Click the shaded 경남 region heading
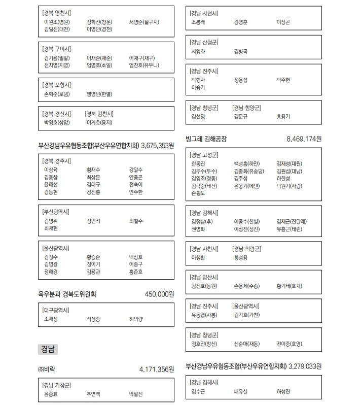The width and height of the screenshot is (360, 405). click(48, 349)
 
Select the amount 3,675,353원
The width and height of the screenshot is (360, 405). click(157, 145)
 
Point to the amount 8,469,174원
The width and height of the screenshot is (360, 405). click(304, 139)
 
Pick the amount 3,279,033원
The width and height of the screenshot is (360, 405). click(305, 365)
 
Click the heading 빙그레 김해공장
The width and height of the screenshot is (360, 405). click(206, 139)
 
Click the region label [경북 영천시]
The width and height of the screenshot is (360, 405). click(57, 13)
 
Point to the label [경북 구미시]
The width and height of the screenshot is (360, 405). click(57, 49)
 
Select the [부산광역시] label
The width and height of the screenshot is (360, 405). click(56, 212)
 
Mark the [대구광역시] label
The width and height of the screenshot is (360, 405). click(56, 309)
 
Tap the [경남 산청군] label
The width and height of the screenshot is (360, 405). click(204, 42)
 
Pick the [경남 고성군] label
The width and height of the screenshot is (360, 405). click(204, 154)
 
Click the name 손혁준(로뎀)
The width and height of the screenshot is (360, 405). click(57, 94)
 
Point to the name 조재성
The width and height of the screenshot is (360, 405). click(51, 319)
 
